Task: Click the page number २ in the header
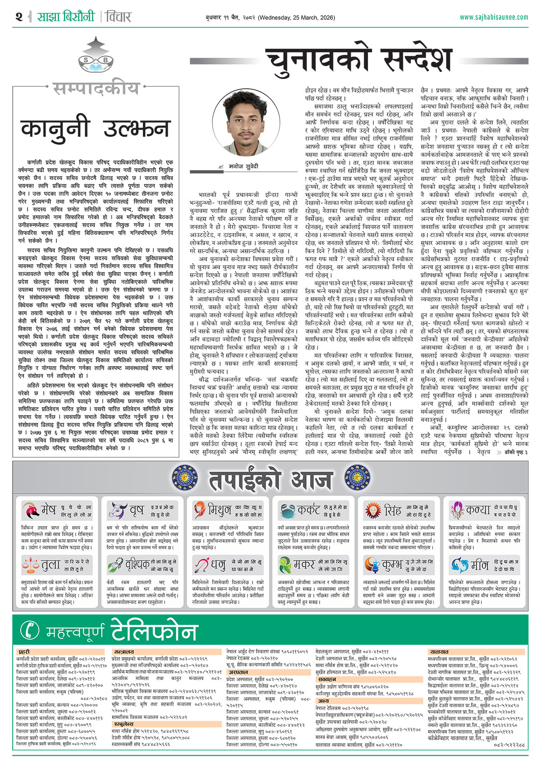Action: [18, 17]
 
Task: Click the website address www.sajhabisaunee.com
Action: [494, 17]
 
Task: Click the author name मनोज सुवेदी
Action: [243, 166]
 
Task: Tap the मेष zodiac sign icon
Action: [30, 510]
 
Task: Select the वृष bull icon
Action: [117, 510]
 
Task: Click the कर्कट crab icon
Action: [287, 510]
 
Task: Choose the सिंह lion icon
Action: [373, 510]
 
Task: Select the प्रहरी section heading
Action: [24, 652]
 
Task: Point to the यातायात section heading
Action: [439, 652]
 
